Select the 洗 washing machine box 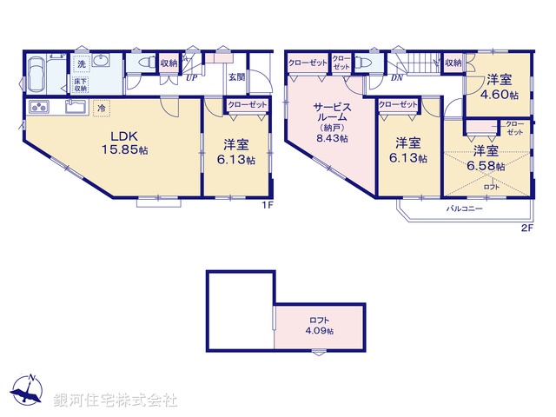tap(81, 63)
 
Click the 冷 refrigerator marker tap(103, 109)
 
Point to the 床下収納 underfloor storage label tap(81, 83)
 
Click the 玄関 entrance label tap(236, 76)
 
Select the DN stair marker tap(395, 77)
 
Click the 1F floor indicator tap(268, 207)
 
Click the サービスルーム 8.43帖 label tap(332, 121)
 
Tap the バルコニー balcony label tap(465, 209)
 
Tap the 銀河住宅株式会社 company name tap(116, 400)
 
